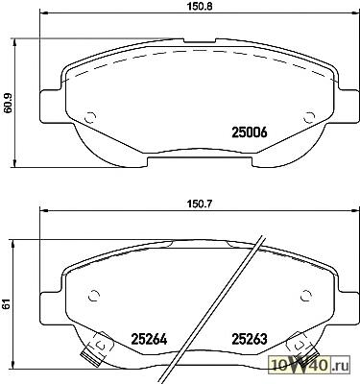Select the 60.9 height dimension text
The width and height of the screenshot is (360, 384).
pyautogui.click(x=8, y=103)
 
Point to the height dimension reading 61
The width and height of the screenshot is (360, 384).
pyautogui.click(x=7, y=304)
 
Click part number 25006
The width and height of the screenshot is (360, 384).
pyautogui.click(x=250, y=132)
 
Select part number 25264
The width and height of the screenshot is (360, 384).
pyautogui.click(x=149, y=339)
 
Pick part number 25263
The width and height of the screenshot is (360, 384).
pyautogui.click(x=250, y=339)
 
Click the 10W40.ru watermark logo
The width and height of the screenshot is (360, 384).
pyautogui.click(x=310, y=365)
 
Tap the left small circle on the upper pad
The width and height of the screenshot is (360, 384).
pyautogui.click(x=90, y=118)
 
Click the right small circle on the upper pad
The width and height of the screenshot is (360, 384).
pyautogui.click(x=308, y=118)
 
